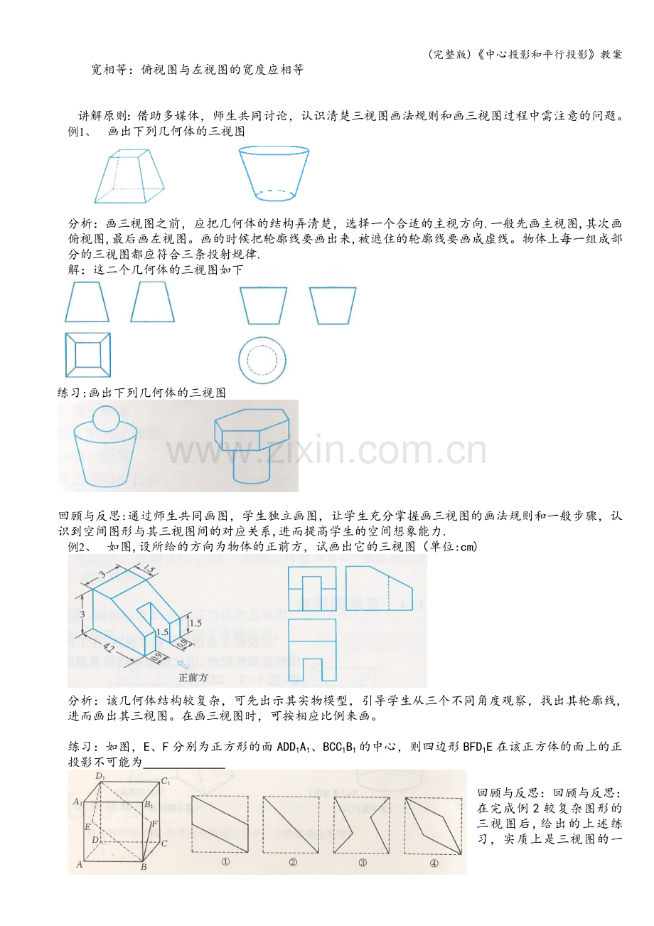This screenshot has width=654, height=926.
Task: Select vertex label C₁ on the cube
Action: click(166, 781)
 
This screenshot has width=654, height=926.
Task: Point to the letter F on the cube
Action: click(154, 824)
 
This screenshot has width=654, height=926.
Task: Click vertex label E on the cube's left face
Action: click(87, 827)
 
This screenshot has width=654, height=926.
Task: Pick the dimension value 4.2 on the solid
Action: click(109, 647)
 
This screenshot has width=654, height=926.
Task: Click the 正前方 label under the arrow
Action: click(193, 677)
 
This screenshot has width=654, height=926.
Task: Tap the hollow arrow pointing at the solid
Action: click(182, 664)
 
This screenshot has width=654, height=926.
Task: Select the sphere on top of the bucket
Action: click(106, 419)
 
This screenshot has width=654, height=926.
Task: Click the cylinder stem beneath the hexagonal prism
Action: click(251, 464)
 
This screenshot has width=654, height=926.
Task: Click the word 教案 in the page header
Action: click(611, 55)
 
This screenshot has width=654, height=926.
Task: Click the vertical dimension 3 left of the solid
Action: click(82, 614)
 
